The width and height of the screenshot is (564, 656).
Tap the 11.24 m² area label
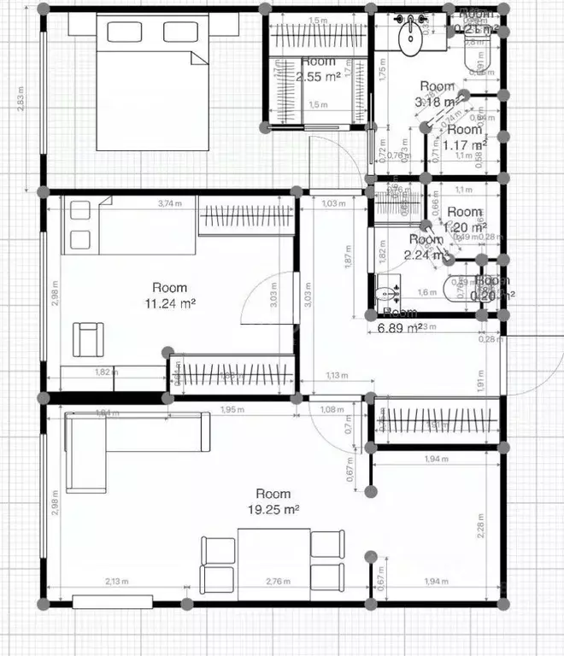click(x=169, y=302)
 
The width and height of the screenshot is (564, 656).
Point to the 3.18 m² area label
click(x=435, y=102)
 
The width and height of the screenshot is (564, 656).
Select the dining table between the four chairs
click(x=273, y=559)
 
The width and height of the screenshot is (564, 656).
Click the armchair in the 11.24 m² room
click(x=89, y=338)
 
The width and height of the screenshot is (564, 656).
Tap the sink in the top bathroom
click(x=411, y=32)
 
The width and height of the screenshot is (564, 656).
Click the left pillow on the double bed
click(x=125, y=32)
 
